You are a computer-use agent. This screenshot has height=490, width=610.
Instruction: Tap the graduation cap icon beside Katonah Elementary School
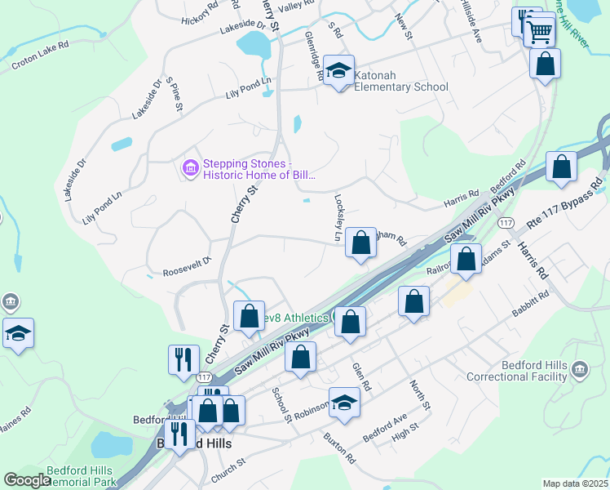coord(338,70)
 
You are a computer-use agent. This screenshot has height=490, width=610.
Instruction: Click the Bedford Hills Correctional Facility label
coord(516,370)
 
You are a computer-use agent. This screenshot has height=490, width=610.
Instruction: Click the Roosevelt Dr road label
coord(187,266)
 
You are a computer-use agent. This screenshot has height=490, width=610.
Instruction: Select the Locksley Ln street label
coord(338,217)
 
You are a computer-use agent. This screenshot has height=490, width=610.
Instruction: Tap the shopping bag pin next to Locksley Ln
coord(360,243)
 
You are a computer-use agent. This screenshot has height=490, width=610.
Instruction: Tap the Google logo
coord(27,480)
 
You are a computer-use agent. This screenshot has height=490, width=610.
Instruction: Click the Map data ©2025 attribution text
coord(576,483)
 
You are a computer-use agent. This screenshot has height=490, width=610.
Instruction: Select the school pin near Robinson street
coord(344,403)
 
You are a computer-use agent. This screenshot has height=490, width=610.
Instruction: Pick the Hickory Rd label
coord(201,11)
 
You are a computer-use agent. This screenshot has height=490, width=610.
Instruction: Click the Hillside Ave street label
coord(471,24)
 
